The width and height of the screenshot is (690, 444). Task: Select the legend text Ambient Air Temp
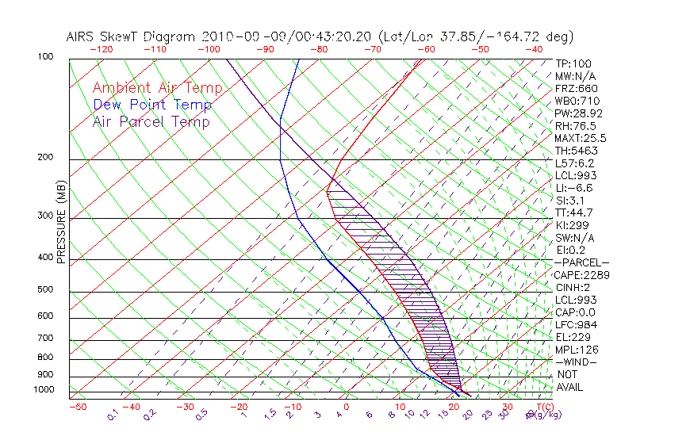[x=157, y=88]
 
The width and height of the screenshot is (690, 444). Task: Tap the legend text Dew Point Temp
[x=151, y=105]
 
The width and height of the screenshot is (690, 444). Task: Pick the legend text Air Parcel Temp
[x=151, y=121]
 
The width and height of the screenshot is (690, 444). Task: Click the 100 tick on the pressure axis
[x=45, y=57]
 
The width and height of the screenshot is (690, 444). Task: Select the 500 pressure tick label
[x=45, y=290]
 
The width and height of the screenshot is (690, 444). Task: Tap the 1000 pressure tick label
[x=43, y=390]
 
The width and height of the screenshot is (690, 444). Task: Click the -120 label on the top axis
[x=101, y=49]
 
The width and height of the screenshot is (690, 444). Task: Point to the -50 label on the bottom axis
[x=77, y=407]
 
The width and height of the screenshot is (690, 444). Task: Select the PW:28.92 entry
[x=575, y=113]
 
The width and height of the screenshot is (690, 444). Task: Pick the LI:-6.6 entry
[x=573, y=188]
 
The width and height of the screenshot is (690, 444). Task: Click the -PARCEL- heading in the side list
[x=581, y=262]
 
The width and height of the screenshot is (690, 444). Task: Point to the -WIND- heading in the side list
[x=577, y=362]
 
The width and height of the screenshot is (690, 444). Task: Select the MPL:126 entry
[x=576, y=350]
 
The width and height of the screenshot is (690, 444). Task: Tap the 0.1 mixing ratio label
[x=113, y=414]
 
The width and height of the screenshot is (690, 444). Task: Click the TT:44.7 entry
[x=573, y=212]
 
